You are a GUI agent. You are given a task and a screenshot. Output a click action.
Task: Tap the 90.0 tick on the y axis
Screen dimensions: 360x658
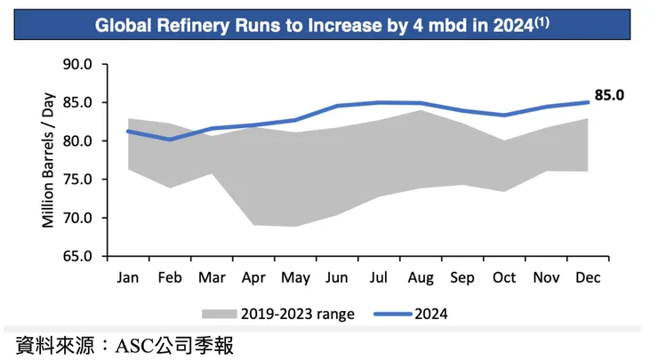[79, 64]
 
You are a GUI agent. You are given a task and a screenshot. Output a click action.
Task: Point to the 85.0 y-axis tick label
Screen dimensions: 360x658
[79, 102]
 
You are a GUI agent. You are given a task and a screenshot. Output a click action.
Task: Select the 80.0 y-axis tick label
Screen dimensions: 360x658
[79, 140]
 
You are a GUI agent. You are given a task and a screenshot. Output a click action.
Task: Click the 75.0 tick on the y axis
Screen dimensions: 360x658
[79, 179]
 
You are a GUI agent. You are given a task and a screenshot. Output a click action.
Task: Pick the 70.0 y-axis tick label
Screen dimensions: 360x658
[79, 218]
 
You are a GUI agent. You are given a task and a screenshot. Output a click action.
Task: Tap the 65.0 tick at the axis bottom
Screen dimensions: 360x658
[79, 256]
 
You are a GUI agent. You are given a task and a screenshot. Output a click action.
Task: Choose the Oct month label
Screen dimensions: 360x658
[504, 277]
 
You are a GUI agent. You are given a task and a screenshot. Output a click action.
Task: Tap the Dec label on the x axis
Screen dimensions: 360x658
[588, 277]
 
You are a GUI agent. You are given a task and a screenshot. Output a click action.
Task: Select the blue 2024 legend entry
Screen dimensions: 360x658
[413, 313]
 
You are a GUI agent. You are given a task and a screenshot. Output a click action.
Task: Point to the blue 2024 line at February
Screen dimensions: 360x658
[170, 140]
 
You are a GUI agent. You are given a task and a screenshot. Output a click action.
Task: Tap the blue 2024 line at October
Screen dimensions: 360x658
[504, 115]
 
